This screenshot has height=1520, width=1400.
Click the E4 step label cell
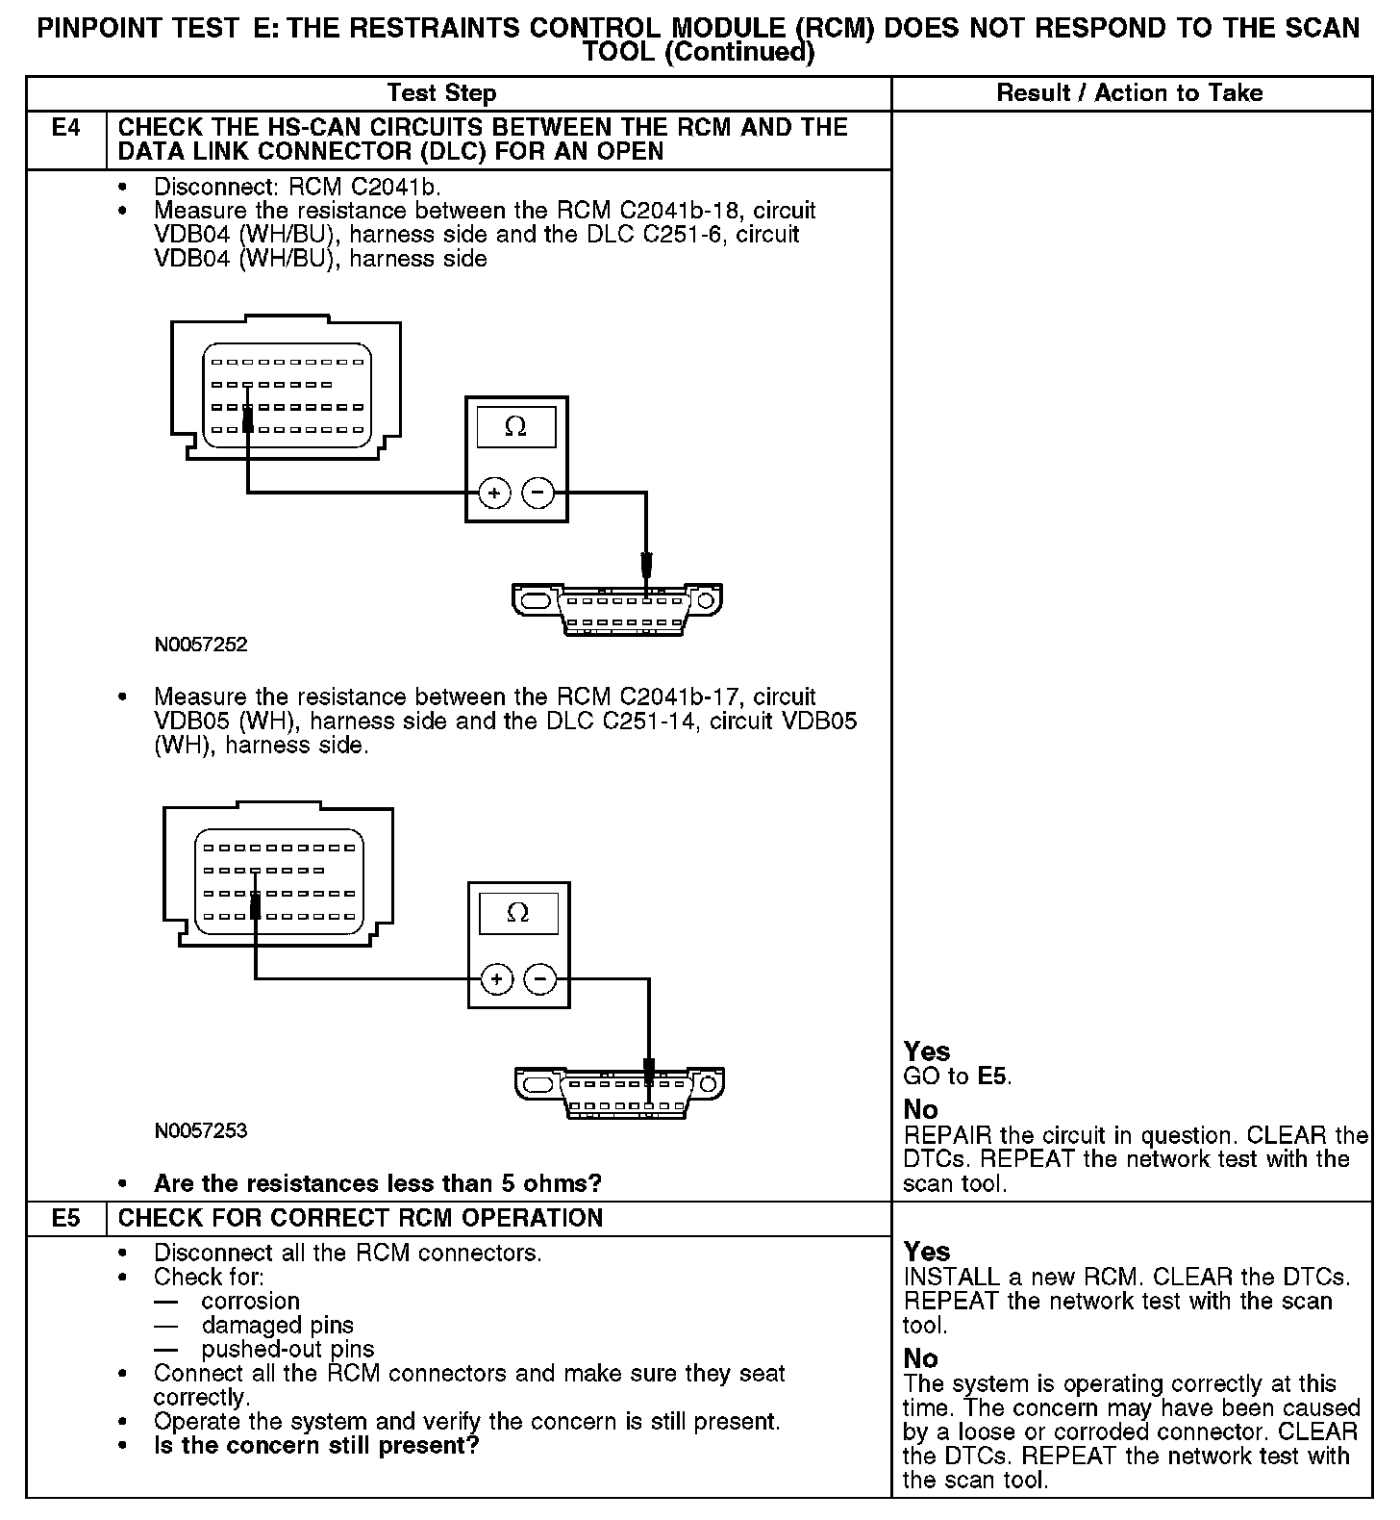pyautogui.click(x=65, y=128)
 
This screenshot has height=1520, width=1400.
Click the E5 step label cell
pyautogui.click(x=65, y=1218)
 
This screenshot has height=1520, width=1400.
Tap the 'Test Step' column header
pyautogui.click(x=441, y=93)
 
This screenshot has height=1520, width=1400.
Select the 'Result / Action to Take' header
pyautogui.click(x=1130, y=93)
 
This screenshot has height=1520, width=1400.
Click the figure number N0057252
pyautogui.click(x=201, y=645)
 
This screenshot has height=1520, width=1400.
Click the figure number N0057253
pyautogui.click(x=201, y=1130)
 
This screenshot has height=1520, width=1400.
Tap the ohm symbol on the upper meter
pyautogui.click(x=515, y=427)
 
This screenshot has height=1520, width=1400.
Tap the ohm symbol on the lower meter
pyautogui.click(x=517, y=913)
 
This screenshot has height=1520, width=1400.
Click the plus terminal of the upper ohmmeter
pyautogui.click(x=494, y=494)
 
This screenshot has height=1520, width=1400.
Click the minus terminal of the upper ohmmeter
pyautogui.click(x=538, y=494)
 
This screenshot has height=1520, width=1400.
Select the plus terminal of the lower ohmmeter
pyautogui.click(x=497, y=979)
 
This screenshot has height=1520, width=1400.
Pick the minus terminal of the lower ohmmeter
pyautogui.click(x=541, y=979)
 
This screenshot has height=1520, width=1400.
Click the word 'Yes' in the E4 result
pyautogui.click(x=927, y=1051)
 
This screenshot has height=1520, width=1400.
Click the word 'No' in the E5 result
pyautogui.click(x=920, y=1358)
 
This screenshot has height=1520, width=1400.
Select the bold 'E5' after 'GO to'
pyautogui.click(x=993, y=1077)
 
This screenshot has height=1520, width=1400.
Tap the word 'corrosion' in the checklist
pyautogui.click(x=250, y=1301)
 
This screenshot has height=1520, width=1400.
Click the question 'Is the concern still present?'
pyautogui.click(x=315, y=1445)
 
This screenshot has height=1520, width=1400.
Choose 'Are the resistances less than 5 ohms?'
pyautogui.click(x=377, y=1182)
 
